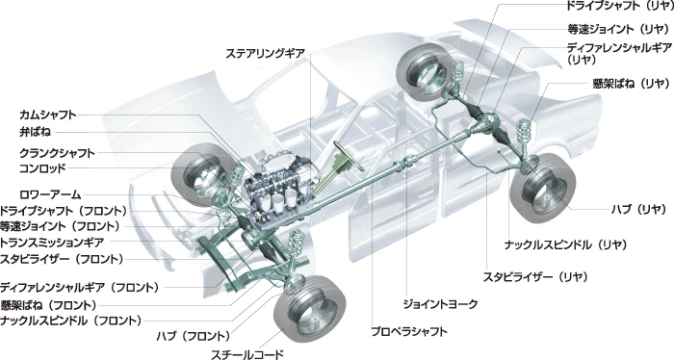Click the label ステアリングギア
(266, 53)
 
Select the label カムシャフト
(48, 115)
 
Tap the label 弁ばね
(35, 132)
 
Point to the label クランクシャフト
(57, 153)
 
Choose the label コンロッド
(42, 168)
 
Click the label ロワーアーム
(50, 194)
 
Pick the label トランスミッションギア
(52, 243)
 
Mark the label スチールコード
(247, 354)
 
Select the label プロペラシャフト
(409, 331)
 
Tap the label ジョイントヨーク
(440, 304)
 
